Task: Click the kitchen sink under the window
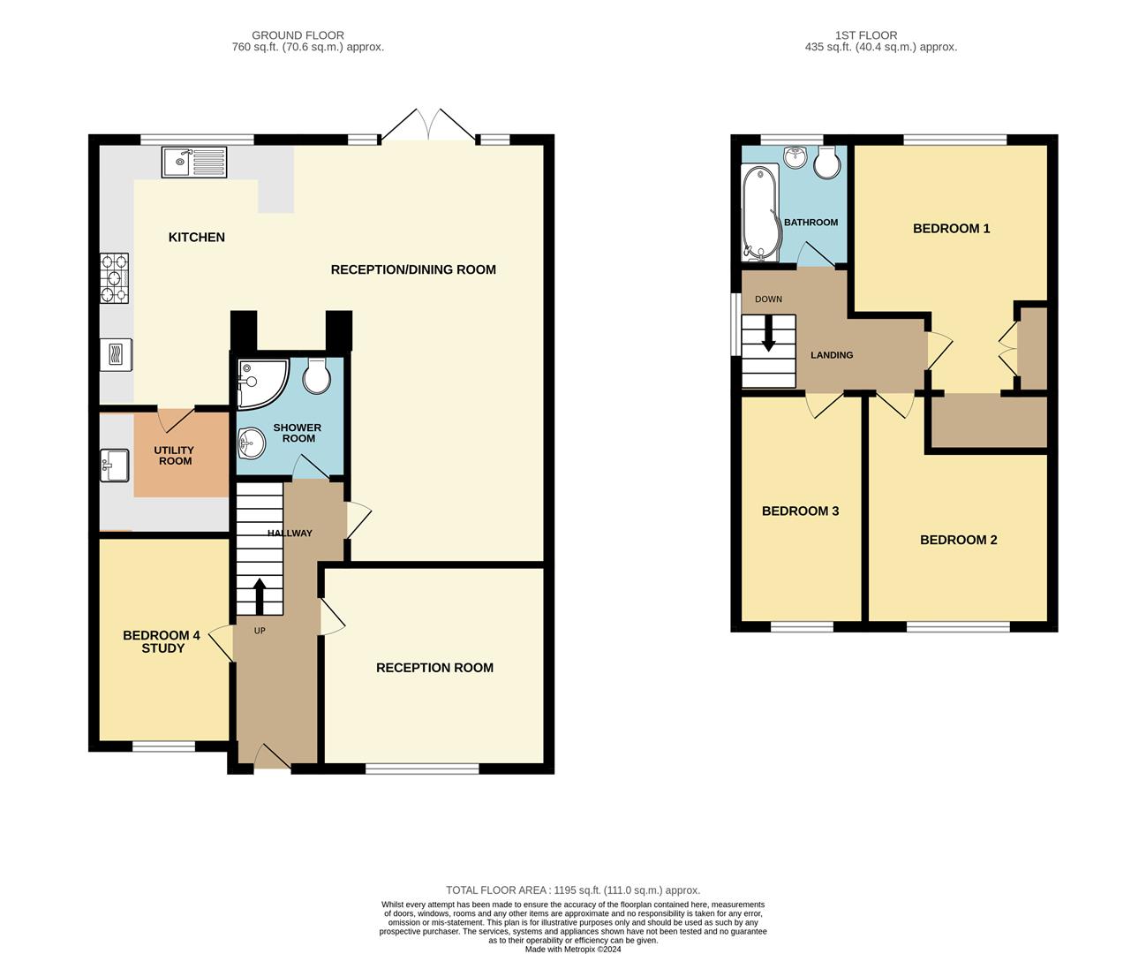coord(193,162)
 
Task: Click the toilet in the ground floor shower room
coord(315,377)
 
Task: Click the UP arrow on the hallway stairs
coord(260,596)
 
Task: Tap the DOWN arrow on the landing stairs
coord(768,335)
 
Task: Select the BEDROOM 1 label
coord(951,229)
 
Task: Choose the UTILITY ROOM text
coord(174,456)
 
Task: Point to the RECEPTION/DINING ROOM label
coord(413,269)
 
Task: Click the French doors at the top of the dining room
coord(427,125)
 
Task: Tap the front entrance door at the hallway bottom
coord(271,756)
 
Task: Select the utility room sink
coord(115,465)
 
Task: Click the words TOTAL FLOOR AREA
coord(495,890)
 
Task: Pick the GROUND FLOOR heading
coord(298,35)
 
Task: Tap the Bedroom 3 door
coord(824,405)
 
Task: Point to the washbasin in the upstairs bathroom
coord(795,158)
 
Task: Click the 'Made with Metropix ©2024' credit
coord(573,950)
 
